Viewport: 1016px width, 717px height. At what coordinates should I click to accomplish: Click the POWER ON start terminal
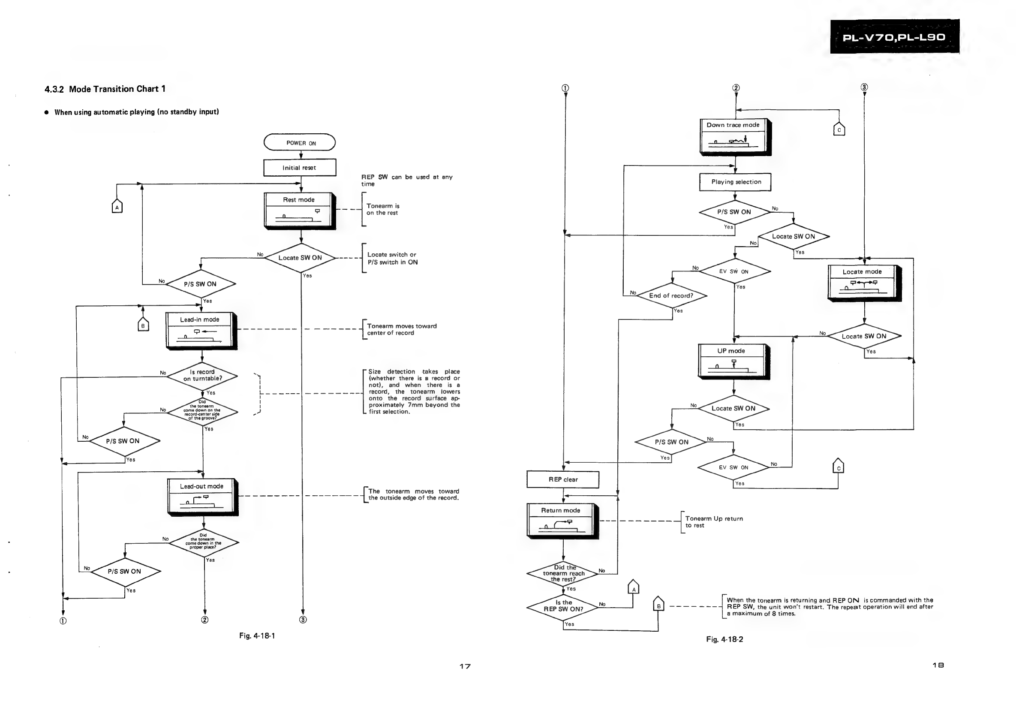pyautogui.click(x=300, y=142)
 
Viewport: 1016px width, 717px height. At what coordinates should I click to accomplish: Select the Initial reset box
pyautogui.click(x=300, y=168)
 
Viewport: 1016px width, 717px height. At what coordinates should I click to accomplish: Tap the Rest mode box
pyautogui.click(x=300, y=211)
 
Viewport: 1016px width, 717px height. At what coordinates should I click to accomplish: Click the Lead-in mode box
pyautogui.click(x=201, y=331)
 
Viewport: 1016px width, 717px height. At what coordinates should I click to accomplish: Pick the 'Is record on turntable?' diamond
pyautogui.click(x=202, y=376)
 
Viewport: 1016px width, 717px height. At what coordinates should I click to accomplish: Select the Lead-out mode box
pyautogui.click(x=203, y=497)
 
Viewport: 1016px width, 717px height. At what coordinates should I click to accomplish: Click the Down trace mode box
pyautogui.click(x=736, y=137)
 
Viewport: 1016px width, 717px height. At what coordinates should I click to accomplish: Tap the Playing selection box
pyautogui.click(x=736, y=182)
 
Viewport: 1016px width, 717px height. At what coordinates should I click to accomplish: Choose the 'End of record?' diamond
pyautogui.click(x=672, y=295)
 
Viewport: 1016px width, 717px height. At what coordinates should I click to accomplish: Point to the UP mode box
pyautogui.click(x=734, y=362)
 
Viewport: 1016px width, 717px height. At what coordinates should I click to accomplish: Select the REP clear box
pyautogui.click(x=563, y=479)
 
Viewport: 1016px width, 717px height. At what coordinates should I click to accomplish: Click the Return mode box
pyautogui.click(x=563, y=521)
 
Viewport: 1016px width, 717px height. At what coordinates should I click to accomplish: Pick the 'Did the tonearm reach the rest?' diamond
pyautogui.click(x=563, y=574)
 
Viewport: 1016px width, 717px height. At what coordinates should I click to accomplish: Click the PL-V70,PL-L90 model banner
pyautogui.click(x=895, y=37)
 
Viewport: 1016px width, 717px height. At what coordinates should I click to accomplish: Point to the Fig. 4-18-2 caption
pyautogui.click(x=725, y=639)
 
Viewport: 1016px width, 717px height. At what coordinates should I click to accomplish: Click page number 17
pyautogui.click(x=465, y=666)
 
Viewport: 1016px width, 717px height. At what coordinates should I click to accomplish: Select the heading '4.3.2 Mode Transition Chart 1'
pyautogui.click(x=105, y=89)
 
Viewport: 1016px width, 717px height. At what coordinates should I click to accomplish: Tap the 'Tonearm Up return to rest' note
pyautogui.click(x=714, y=522)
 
